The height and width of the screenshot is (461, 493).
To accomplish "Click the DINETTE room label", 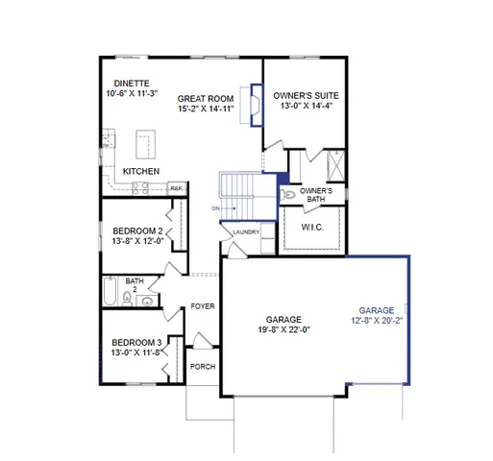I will point(129,84).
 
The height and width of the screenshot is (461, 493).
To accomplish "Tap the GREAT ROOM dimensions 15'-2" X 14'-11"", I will point(207,109).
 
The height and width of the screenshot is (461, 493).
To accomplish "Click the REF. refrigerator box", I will point(177,188).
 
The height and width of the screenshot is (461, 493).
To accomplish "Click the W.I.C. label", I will point(311,228).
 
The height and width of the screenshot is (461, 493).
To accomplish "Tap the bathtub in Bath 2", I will point(111,293).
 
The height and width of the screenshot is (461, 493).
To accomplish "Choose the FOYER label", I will point(202,306).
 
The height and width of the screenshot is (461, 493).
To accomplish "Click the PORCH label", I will point(202,367).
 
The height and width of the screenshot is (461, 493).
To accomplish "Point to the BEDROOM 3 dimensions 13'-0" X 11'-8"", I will point(136,352).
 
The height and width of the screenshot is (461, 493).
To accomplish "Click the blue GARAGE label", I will point(377,311).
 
